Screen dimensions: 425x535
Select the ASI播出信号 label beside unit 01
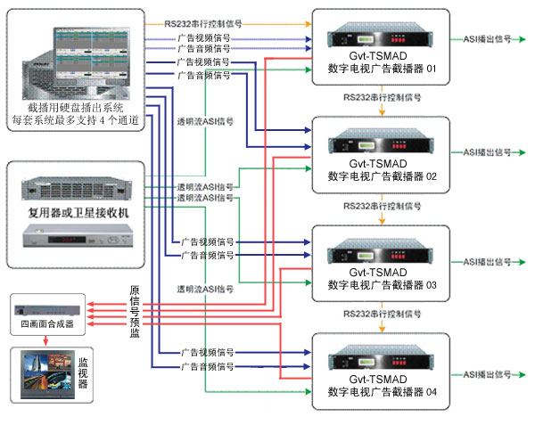point(487,41)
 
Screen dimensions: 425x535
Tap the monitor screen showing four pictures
point(41,372)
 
